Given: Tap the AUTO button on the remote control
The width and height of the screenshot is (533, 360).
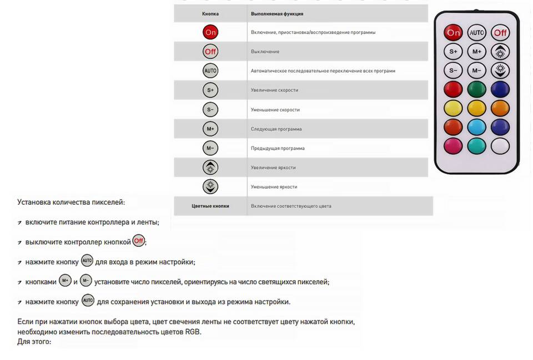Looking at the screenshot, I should (476, 33).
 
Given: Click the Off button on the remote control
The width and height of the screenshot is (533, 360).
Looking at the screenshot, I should (500, 33).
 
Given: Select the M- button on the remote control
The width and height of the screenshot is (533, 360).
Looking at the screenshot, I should (476, 70).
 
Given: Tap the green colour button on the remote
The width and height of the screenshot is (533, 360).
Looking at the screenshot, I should (476, 89).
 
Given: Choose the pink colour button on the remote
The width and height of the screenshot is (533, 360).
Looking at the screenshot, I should (453, 146).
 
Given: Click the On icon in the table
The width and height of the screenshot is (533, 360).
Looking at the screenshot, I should (210, 32).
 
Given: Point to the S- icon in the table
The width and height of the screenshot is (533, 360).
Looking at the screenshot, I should (210, 109).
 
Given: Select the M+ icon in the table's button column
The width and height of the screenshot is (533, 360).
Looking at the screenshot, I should (210, 129).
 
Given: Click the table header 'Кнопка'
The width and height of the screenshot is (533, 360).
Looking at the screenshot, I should (210, 13).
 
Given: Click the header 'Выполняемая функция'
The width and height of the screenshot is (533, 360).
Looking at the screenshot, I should (277, 13).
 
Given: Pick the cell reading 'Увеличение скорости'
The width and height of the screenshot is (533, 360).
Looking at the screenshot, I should (274, 90).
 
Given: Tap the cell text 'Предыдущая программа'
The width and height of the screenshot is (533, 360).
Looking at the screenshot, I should (278, 148).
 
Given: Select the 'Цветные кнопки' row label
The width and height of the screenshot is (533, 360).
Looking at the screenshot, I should (210, 206).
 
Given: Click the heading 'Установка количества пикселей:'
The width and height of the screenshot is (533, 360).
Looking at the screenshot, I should (71, 202).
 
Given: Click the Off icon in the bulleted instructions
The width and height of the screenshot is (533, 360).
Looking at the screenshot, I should (139, 241).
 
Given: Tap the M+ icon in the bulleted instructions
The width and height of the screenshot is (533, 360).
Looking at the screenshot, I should (66, 281).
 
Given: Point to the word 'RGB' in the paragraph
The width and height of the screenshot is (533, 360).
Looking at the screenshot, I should (192, 332).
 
